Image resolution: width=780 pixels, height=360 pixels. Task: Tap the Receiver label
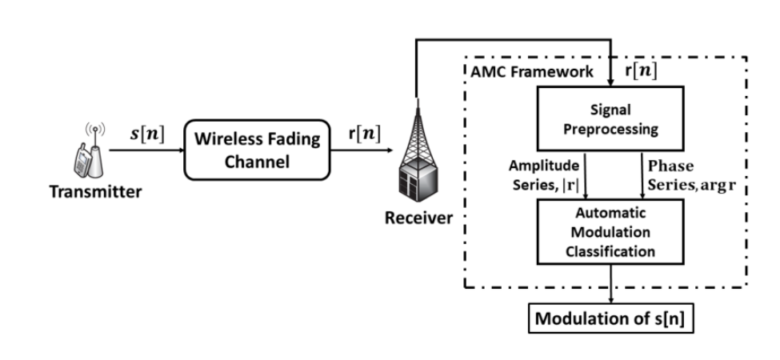[418, 218]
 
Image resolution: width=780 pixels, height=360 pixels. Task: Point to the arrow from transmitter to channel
[143, 149]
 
